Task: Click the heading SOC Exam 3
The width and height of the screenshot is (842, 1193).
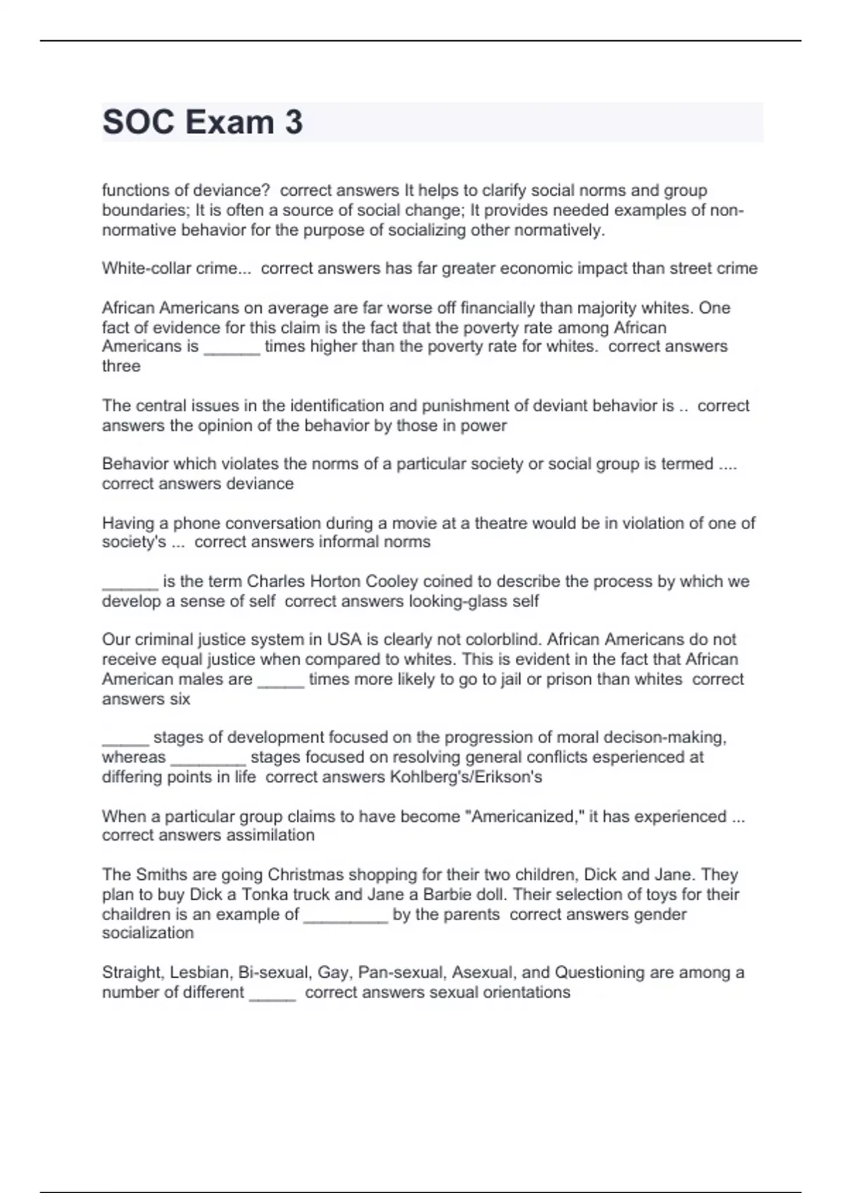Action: pos(203,122)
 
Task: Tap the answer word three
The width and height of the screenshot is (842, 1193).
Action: pos(121,366)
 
